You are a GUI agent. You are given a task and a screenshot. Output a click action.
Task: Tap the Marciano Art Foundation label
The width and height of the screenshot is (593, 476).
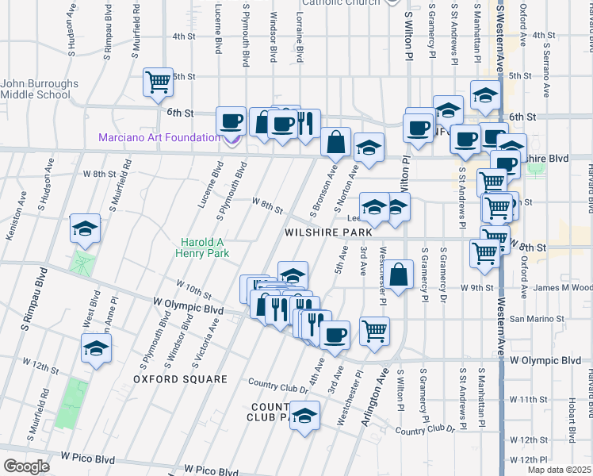tap(159, 137)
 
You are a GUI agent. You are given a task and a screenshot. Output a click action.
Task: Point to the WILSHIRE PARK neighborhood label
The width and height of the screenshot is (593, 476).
tap(328, 232)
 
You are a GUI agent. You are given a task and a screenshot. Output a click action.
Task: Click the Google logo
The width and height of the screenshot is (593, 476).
tap(26, 466)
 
